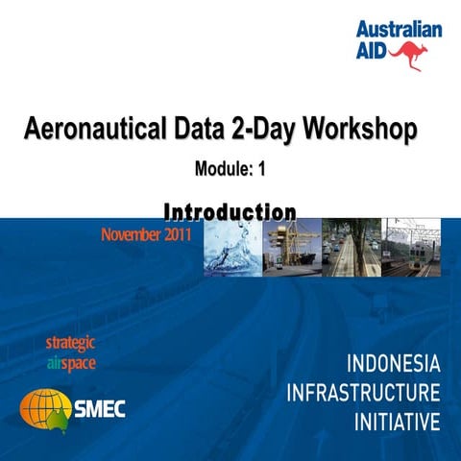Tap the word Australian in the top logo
[399, 30]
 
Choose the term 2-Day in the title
[256, 129]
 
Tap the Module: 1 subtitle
[230, 170]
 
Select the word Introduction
[230, 210]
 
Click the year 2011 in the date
[175, 233]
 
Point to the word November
[128, 233]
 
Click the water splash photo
[231, 249]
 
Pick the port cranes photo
[291, 249]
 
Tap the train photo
[412, 249]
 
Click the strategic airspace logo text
[70, 353]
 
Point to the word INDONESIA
[393, 366]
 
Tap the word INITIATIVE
[397, 422]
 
